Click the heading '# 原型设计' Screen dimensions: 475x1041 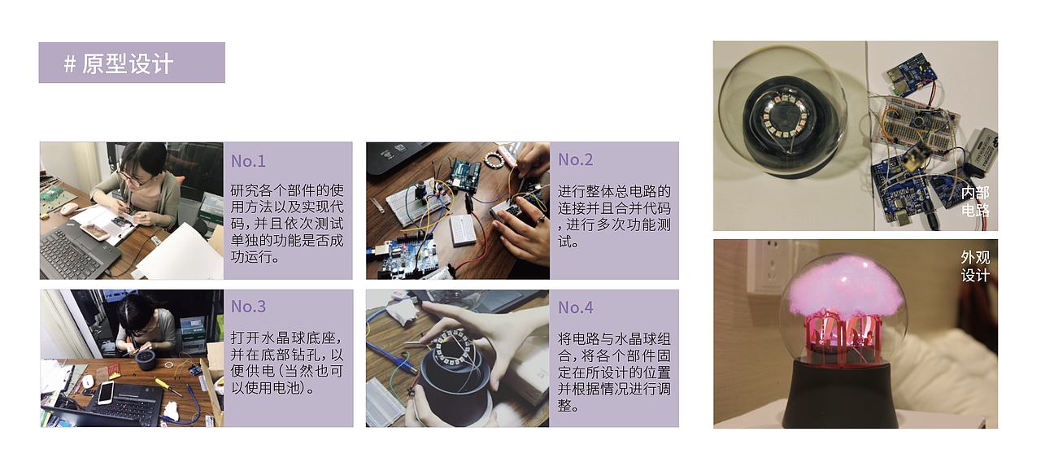[x=119, y=63]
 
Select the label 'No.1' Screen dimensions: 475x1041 [x=248, y=161]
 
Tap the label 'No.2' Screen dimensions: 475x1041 [x=575, y=160]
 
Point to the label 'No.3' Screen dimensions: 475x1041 [x=248, y=307]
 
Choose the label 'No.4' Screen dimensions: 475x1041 [x=575, y=307]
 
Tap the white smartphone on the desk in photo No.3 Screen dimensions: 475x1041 [x=106, y=394]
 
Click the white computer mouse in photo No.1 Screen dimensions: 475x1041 [x=69, y=208]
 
